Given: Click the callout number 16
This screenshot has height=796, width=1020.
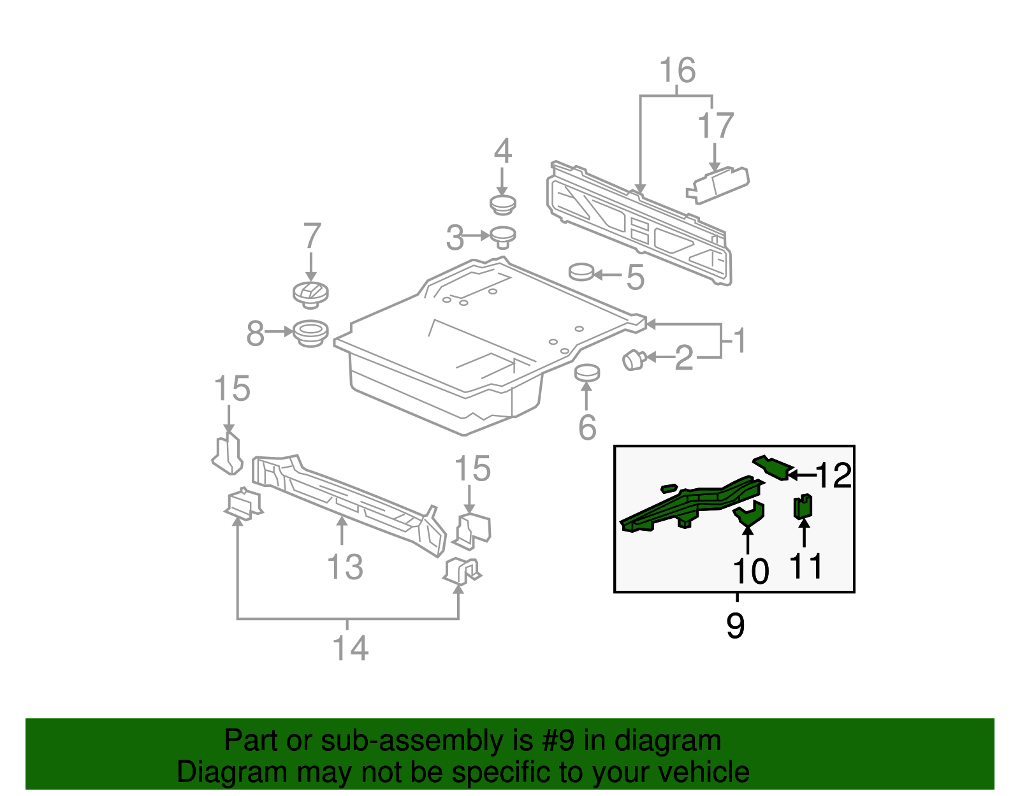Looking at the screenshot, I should tap(677, 70).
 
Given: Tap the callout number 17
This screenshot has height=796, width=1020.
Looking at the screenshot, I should tap(715, 126).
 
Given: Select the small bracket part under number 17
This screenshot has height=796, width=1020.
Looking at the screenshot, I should tap(718, 184).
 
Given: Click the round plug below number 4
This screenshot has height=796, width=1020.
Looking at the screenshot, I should tap(502, 205).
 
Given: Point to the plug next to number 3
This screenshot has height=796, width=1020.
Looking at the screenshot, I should tap(503, 237).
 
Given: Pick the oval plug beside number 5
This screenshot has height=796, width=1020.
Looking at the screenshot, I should tap(581, 272).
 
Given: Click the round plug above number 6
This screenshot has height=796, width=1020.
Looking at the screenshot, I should tap(586, 372).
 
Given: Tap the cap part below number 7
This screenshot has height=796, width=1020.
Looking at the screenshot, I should tap(310, 294).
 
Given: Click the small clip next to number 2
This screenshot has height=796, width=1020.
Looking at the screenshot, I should tap(634, 359).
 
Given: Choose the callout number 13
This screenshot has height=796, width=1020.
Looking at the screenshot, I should tap(345, 567).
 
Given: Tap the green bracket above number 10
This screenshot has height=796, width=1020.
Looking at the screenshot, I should tap(749, 513).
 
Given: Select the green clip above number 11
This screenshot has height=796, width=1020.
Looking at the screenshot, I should tap(803, 507).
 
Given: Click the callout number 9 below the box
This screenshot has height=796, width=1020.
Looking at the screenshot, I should tap(735, 625).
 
